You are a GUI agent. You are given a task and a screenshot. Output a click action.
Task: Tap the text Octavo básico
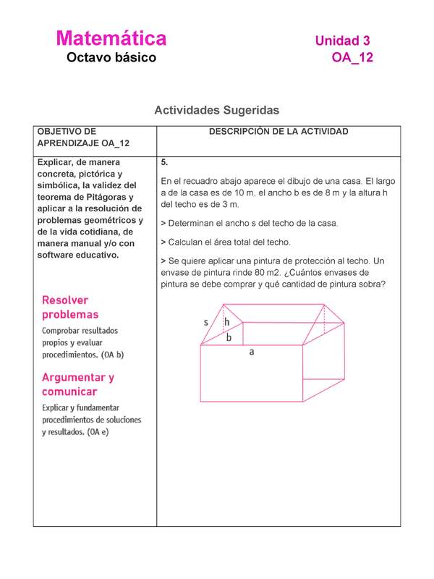(111, 57)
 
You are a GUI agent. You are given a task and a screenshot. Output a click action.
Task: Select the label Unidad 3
(342, 41)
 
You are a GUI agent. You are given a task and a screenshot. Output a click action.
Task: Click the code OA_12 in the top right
(352, 58)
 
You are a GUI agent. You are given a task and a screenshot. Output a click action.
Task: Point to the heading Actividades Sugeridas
(216, 111)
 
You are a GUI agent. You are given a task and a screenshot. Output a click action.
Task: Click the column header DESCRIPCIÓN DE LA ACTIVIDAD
(278, 132)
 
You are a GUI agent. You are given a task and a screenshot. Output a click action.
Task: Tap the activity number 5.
(165, 163)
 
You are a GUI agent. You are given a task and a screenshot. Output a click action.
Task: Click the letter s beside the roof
(206, 322)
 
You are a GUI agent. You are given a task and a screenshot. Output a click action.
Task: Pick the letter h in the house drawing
(227, 322)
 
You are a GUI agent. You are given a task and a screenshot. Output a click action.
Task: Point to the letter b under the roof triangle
(229, 337)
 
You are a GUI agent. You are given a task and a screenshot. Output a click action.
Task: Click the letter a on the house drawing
(252, 352)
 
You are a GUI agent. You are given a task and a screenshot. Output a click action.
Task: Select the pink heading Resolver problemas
(70, 308)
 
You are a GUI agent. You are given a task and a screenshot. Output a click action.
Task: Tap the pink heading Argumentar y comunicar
(77, 384)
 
